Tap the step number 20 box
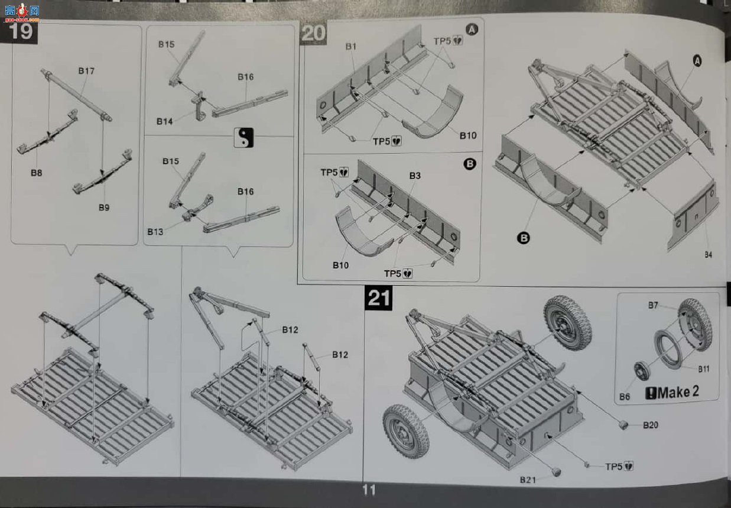pyautogui.click(x=313, y=34)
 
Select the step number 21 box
pyautogui.click(x=378, y=297)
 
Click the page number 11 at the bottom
pyautogui.click(x=369, y=490)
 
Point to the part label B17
pyautogui.click(x=86, y=71)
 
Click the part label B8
pyautogui.click(x=36, y=173)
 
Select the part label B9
pyautogui.click(x=104, y=208)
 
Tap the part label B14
pyautogui.click(x=164, y=121)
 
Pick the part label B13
pyautogui.click(x=155, y=232)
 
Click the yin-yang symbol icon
pyautogui.click(x=243, y=137)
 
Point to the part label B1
pyautogui.click(x=351, y=47)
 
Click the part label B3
pyautogui.click(x=415, y=176)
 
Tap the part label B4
pyautogui.click(x=708, y=255)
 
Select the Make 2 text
pyautogui.click(x=672, y=392)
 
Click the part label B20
pyautogui.click(x=651, y=425)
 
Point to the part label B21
pyautogui.click(x=528, y=480)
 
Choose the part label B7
pyautogui.click(x=653, y=305)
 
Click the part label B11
pyautogui.click(x=704, y=369)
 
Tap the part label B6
pyautogui.click(x=624, y=397)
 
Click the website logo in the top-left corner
pyautogui.click(x=22, y=12)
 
